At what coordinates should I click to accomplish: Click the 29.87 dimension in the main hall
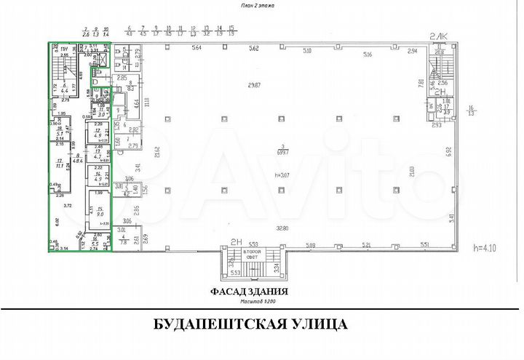click(253, 86)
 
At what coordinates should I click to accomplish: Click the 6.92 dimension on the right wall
click(450, 153)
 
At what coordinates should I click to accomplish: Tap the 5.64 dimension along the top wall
click(196, 49)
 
